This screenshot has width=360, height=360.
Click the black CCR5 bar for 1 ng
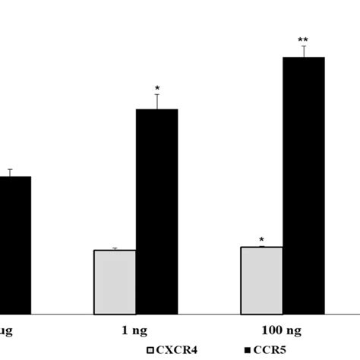[x=157, y=211]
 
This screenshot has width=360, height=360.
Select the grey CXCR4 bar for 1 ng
[x=115, y=282]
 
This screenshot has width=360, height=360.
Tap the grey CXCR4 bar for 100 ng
[x=261, y=280]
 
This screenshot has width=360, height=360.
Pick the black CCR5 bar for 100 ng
[x=304, y=185]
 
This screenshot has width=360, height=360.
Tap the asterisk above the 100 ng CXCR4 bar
[x=261, y=240]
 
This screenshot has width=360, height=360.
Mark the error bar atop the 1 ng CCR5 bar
[x=157, y=102]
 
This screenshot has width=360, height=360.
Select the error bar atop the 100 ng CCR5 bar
[x=304, y=51]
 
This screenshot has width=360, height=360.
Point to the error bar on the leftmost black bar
[x=10, y=172]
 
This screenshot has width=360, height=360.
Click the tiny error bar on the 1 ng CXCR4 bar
[x=115, y=248]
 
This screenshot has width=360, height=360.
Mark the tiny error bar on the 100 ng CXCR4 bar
[x=261, y=246]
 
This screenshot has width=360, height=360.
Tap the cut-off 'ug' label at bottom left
[x=6, y=329]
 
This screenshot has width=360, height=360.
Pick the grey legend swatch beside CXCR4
[x=151, y=350]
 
